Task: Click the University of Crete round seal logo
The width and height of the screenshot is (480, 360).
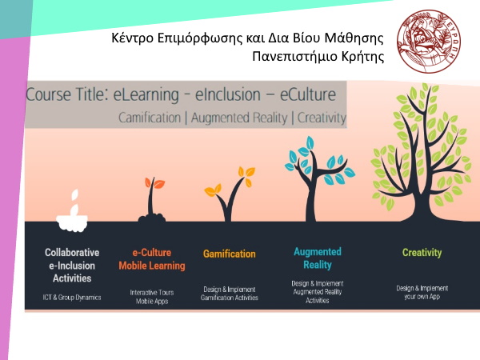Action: (429, 42)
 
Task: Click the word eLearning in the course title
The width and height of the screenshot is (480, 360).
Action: (146, 94)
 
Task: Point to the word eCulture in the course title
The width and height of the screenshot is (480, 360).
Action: (308, 94)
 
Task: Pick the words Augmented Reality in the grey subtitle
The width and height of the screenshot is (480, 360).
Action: (239, 118)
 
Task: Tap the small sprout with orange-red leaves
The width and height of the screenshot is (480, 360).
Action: (152, 199)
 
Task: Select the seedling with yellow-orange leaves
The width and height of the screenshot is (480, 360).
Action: (230, 194)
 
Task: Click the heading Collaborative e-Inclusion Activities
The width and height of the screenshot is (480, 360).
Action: (72, 266)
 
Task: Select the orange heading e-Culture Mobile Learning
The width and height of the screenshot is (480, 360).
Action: (152, 259)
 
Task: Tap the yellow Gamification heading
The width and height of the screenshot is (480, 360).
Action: (230, 254)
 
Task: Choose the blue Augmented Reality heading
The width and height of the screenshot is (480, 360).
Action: (318, 258)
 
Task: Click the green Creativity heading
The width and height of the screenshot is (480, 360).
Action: (422, 253)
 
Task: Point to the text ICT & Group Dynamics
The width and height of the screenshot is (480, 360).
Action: (72, 298)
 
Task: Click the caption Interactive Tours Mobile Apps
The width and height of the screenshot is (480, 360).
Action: (152, 297)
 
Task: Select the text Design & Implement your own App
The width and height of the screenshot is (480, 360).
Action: (422, 292)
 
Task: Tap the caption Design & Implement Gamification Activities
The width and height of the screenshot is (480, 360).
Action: (230, 294)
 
